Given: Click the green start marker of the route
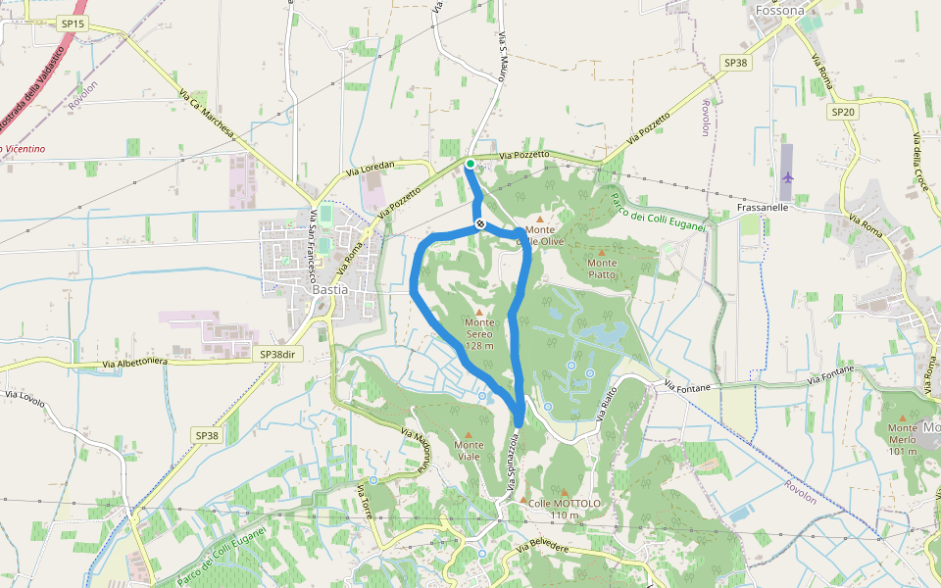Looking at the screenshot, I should pyautogui.click(x=470, y=164).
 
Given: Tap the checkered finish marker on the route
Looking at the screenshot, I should pyautogui.click(x=480, y=224).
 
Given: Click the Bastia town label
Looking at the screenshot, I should pyautogui.click(x=330, y=290).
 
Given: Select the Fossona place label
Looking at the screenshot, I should pyautogui.click(x=779, y=11).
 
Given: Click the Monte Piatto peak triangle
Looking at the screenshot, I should pyautogui.click(x=602, y=252).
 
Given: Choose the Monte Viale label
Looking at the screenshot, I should pyautogui.click(x=469, y=445).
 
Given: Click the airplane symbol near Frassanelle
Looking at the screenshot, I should pyautogui.click(x=789, y=177).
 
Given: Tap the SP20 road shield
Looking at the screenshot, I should pyautogui.click(x=843, y=112).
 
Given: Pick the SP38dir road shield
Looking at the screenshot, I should pyautogui.click(x=277, y=354).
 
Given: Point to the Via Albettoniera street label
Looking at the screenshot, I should pyautogui.click(x=135, y=363).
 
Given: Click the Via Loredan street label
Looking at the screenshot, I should pyautogui.click(x=370, y=170).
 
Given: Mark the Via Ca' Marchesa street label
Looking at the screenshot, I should pyautogui.click(x=208, y=117).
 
